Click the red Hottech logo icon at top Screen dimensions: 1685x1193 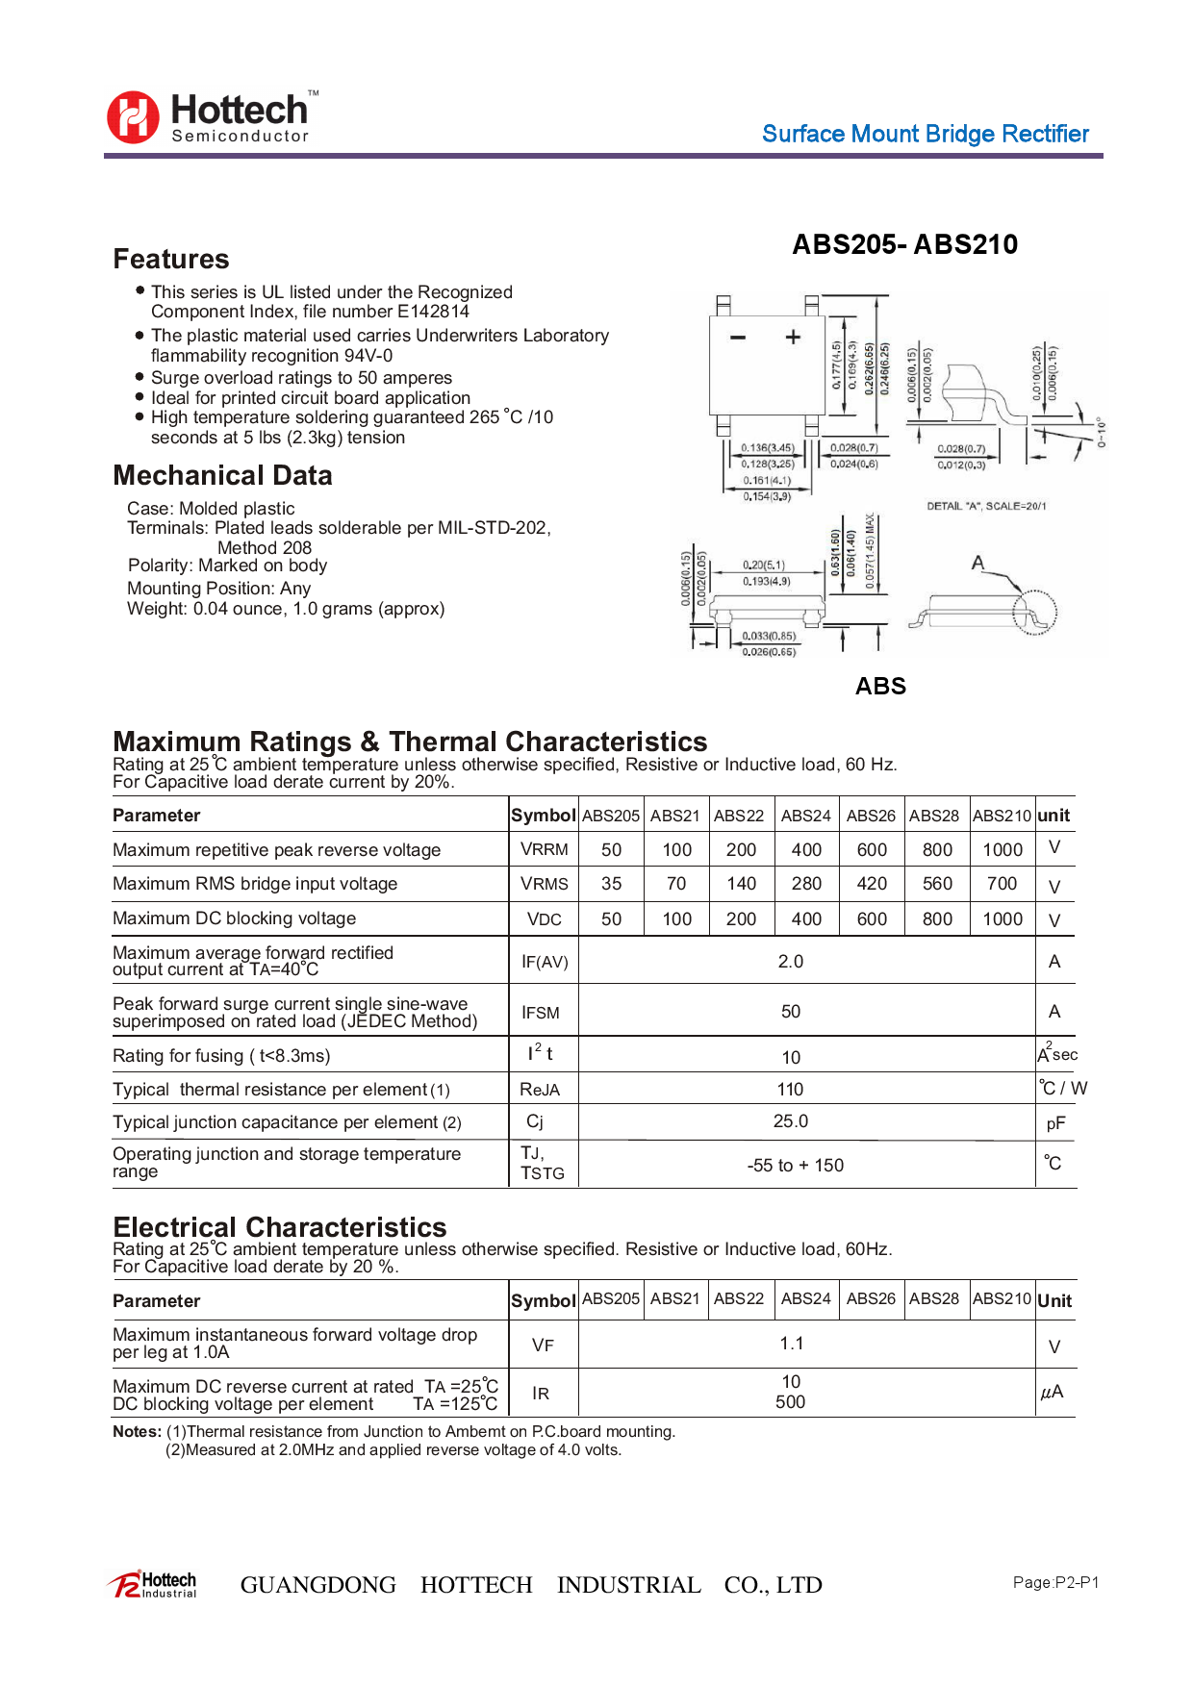[x=133, y=117]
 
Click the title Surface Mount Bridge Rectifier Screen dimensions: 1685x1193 [x=925, y=134]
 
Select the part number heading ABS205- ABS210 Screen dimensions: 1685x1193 [x=904, y=244]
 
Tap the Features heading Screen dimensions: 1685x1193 [x=171, y=259]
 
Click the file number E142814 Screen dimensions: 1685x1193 [x=433, y=312]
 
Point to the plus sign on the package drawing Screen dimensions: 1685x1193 [x=793, y=337]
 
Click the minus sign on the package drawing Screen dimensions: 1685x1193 [x=738, y=338]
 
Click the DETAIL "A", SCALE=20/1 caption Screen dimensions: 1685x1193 [x=986, y=506]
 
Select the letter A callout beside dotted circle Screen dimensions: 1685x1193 [x=977, y=563]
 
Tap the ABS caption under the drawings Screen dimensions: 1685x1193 [x=880, y=686]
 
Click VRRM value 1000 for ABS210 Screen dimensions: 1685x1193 [x=1003, y=849]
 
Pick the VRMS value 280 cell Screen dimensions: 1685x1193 [x=806, y=883]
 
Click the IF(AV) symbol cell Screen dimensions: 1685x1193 [x=545, y=962]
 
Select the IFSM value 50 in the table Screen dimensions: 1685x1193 [x=791, y=1011]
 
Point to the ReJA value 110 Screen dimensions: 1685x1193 [x=791, y=1089]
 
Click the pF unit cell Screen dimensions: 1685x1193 [x=1055, y=1123]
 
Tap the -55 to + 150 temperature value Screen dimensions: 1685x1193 [x=795, y=1165]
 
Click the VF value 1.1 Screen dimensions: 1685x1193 [x=791, y=1344]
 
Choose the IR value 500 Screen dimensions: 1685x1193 [x=791, y=1402]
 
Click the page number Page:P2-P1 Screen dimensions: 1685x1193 [x=1055, y=1582]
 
